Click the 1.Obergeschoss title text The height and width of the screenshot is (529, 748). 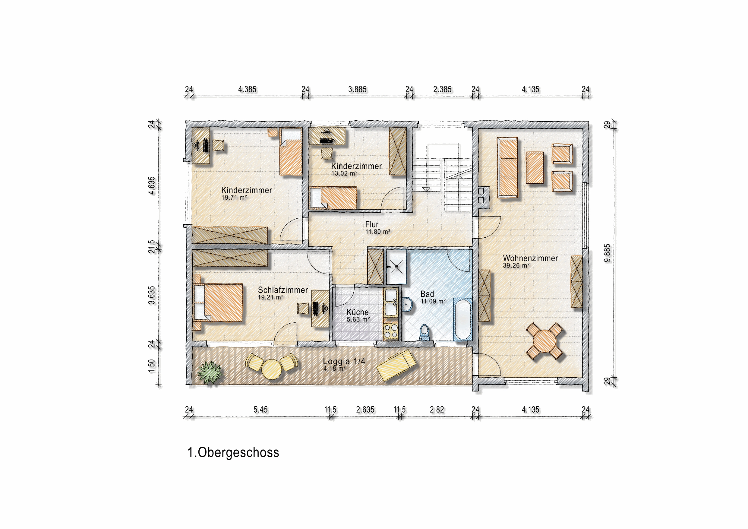pyautogui.click(x=233, y=452)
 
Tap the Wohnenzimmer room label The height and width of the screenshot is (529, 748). pyautogui.click(x=530, y=258)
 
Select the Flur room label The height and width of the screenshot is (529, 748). pyautogui.click(x=372, y=224)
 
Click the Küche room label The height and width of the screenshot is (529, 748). pyautogui.click(x=357, y=312)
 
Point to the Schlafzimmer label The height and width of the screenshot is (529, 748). pyautogui.click(x=283, y=290)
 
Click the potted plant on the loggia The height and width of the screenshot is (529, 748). pyautogui.click(x=210, y=372)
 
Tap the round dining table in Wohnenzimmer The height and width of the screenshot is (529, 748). pyautogui.click(x=544, y=341)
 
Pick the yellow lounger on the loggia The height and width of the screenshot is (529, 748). pyautogui.click(x=396, y=365)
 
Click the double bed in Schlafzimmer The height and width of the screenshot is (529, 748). pyautogui.click(x=218, y=303)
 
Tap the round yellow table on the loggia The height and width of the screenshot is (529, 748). pyautogui.click(x=271, y=369)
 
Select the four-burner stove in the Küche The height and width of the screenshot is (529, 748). pyautogui.click(x=391, y=331)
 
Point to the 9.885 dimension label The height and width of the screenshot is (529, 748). pyautogui.click(x=607, y=253)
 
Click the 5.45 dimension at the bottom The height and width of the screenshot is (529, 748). pyautogui.click(x=260, y=409)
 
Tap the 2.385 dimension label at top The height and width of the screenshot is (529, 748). pyautogui.click(x=442, y=89)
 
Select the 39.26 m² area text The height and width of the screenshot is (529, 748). pyautogui.click(x=516, y=266)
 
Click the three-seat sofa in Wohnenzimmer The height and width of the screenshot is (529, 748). pyautogui.click(x=507, y=167)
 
